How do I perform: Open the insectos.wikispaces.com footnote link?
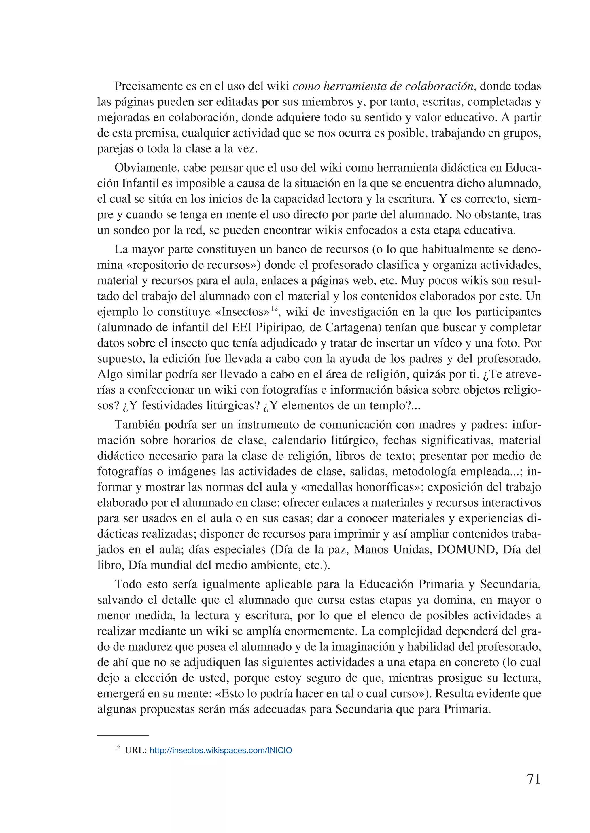[x=220, y=751]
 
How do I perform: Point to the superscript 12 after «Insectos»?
[x=274, y=308]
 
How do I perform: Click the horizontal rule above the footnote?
[x=123, y=736]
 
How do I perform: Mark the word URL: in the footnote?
[x=135, y=751]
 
